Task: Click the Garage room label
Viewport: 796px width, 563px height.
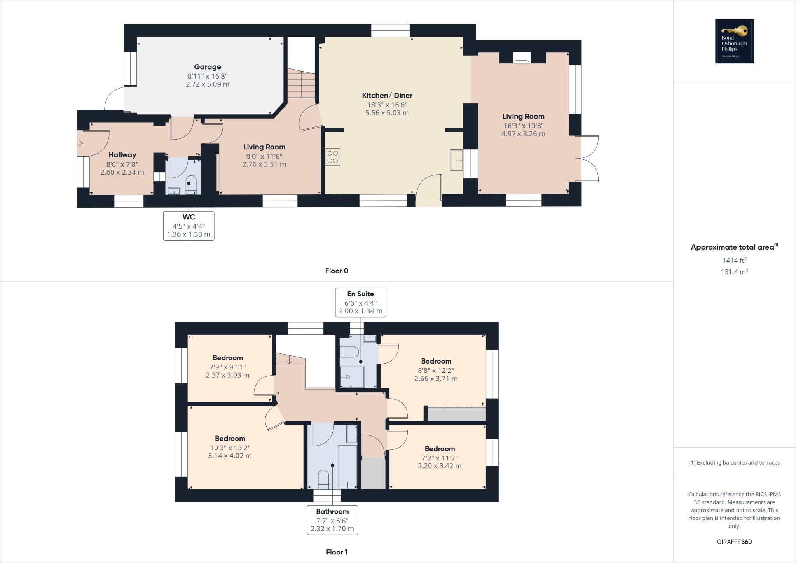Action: [208, 67]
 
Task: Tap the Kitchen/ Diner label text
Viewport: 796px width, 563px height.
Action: [387, 96]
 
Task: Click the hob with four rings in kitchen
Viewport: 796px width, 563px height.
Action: [333, 157]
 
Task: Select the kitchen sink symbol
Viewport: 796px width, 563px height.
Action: [457, 160]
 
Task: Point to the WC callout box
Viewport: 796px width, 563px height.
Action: [189, 226]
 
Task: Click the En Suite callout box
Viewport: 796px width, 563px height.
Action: [361, 302]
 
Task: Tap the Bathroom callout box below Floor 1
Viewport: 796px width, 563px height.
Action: [332, 520]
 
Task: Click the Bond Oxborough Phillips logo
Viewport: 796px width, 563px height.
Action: [734, 41]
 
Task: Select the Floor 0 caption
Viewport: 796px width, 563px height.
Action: [337, 271]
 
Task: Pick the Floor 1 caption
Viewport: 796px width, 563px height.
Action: [337, 552]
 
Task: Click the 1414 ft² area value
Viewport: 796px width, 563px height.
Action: [734, 260]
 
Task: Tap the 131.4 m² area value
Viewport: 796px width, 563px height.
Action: [734, 272]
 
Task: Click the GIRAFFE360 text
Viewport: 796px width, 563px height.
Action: [734, 542]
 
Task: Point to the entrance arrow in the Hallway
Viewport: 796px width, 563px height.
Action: [80, 143]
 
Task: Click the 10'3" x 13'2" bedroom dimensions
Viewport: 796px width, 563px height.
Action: [230, 448]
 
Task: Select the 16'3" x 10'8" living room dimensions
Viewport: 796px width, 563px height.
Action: [523, 126]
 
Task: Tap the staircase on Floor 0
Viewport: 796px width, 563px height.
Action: [301, 84]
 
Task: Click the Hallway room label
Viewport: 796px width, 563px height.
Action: [122, 155]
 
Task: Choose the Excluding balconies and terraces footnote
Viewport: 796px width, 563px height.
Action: [734, 463]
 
